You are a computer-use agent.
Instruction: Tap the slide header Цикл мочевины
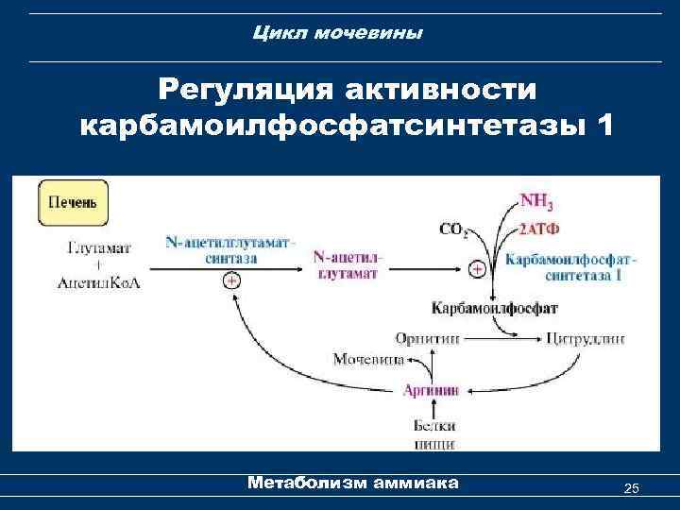[339, 34]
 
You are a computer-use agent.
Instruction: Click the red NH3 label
[537, 201]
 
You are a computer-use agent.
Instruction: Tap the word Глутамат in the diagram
[99, 247]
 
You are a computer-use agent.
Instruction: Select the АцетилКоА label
[99, 283]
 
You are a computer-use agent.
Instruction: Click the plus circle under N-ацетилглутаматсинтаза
[229, 281]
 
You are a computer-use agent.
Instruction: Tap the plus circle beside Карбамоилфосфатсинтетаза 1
[478, 270]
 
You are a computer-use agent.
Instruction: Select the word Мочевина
[368, 359]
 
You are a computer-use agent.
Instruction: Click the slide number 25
[632, 487]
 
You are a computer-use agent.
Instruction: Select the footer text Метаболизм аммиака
[352, 483]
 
